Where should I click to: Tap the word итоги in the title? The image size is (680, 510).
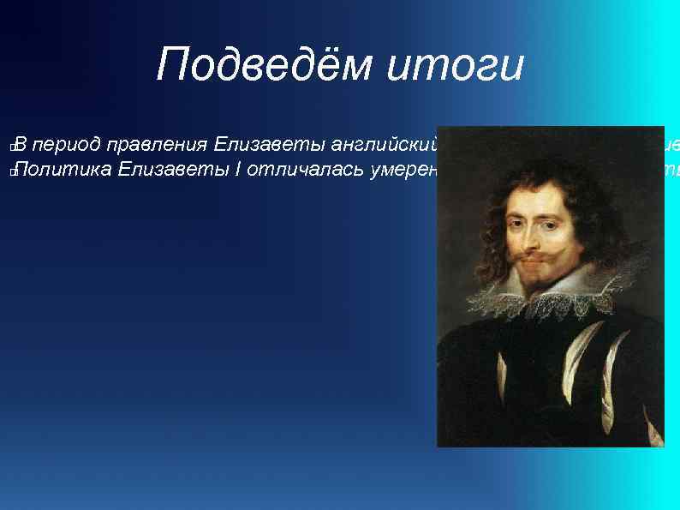click(454, 65)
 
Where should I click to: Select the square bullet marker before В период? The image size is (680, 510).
click(9, 148)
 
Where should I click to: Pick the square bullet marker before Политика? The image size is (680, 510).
click(9, 173)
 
